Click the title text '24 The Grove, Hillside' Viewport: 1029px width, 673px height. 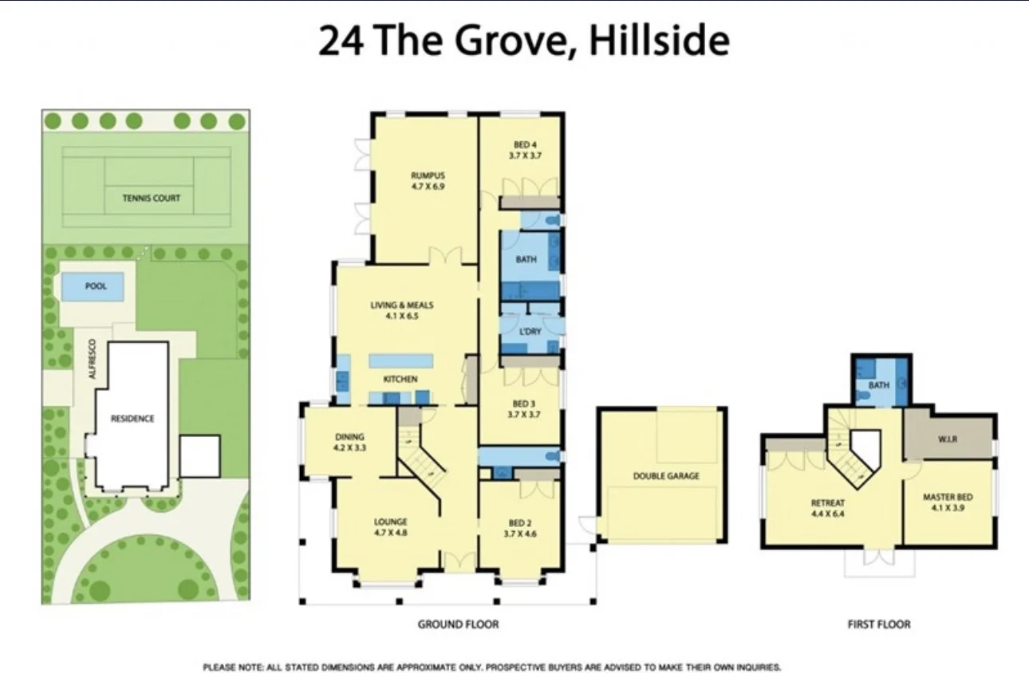coord(523,41)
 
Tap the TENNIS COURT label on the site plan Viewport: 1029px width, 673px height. coord(151,198)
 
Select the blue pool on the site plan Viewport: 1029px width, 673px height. coord(93,286)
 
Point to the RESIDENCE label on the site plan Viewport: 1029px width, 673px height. coord(132,418)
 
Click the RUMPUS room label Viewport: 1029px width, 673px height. coord(427,176)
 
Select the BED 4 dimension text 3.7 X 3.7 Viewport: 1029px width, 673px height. coord(525,156)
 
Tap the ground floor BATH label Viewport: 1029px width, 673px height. coord(526,259)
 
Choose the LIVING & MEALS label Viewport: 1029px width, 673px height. coord(401,305)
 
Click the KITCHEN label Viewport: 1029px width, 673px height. coord(400,380)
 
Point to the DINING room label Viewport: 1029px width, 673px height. coord(349,436)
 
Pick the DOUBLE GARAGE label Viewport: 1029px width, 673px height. coord(665,476)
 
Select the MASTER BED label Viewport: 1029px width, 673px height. coord(948,498)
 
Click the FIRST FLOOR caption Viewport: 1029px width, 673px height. coord(878,624)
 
